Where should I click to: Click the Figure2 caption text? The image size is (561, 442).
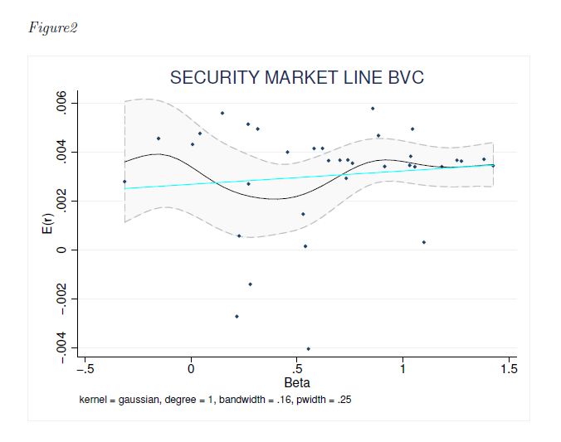52,27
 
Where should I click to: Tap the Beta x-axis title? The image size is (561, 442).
297,383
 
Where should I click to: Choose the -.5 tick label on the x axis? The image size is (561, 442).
85,369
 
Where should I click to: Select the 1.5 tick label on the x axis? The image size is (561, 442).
508,369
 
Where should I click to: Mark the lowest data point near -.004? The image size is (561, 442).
309,349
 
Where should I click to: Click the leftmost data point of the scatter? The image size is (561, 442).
124,181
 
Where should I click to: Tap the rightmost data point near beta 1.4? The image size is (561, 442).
493,165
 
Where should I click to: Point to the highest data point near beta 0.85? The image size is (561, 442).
373,109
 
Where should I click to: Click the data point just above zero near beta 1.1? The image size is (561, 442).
423,242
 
